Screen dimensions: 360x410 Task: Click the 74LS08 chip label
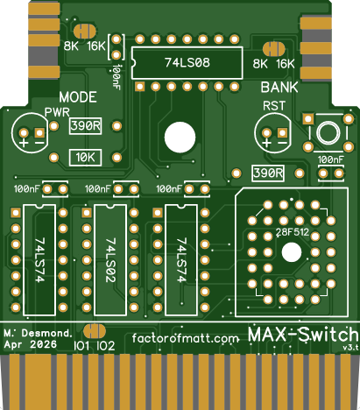pyautogui.click(x=187, y=62)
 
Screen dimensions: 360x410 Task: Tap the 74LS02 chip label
pyautogui.click(x=110, y=260)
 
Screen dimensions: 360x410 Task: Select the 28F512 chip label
pyautogui.click(x=293, y=232)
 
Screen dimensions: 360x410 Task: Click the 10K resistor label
pyautogui.click(x=85, y=158)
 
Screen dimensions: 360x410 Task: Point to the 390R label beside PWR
pyautogui.click(x=85, y=126)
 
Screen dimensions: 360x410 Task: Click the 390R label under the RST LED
pyautogui.click(x=268, y=173)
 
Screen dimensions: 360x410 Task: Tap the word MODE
pyautogui.click(x=78, y=97)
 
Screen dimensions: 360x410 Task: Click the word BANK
pyautogui.click(x=279, y=88)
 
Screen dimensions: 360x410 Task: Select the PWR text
pyautogui.click(x=57, y=112)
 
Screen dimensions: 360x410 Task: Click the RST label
pyautogui.click(x=274, y=106)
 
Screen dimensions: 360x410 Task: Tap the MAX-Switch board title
pyautogui.click(x=303, y=335)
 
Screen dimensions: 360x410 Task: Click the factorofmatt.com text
pyautogui.click(x=186, y=338)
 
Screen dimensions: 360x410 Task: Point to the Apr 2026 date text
pyautogui.click(x=31, y=344)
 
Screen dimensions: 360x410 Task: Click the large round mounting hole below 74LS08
pyautogui.click(x=180, y=138)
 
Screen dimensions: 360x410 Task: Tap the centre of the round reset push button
pyautogui.click(x=328, y=132)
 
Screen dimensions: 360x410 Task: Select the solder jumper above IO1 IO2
pyautogui.click(x=95, y=332)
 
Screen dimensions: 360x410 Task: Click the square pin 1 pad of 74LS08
pyautogui.click(x=140, y=87)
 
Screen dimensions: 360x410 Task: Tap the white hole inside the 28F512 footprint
pyautogui.click(x=292, y=252)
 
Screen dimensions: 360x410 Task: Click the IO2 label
pyautogui.click(x=105, y=346)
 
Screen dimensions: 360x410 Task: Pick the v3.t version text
pyautogui.click(x=351, y=348)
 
